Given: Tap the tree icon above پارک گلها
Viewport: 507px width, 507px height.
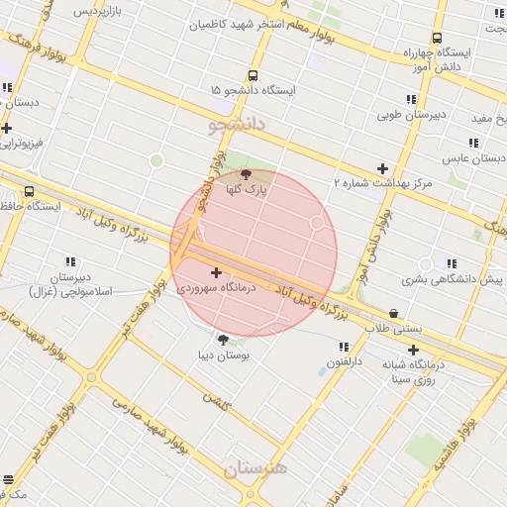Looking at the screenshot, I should (246, 174).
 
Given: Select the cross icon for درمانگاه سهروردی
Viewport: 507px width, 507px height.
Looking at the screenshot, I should (216, 271).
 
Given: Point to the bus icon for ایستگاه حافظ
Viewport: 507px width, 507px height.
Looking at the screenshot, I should (29, 191).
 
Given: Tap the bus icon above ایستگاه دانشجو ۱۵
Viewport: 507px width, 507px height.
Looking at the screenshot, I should (253, 75).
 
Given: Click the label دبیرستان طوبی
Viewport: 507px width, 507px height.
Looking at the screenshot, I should (412, 114).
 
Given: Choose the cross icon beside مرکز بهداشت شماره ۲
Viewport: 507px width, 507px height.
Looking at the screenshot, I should (382, 168).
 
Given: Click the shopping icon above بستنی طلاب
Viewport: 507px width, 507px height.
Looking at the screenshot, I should (394, 313).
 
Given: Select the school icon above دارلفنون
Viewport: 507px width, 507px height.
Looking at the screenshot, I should (343, 348).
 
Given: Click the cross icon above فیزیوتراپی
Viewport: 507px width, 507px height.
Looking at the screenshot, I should (7, 128).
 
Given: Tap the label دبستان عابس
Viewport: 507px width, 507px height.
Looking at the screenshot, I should (473, 157).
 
